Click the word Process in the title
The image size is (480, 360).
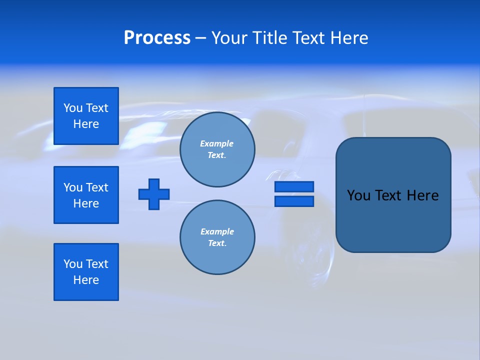click(x=157, y=38)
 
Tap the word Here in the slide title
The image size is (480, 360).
click(x=348, y=38)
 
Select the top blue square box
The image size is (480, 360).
click(x=86, y=116)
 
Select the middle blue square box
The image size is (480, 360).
click(x=86, y=195)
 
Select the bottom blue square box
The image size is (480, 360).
click(x=86, y=272)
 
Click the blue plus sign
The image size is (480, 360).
click(x=154, y=194)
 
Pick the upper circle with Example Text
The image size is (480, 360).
click(x=217, y=149)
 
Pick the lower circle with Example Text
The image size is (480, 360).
click(x=217, y=237)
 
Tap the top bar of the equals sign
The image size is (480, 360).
click(x=294, y=186)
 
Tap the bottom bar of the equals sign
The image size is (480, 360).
click(x=294, y=201)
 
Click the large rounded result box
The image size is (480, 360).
click(x=393, y=220)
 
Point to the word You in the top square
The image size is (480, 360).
click(x=73, y=108)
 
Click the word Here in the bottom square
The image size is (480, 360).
click(x=86, y=280)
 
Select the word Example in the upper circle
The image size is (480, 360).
click(x=217, y=143)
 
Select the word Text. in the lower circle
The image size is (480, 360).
click(x=217, y=243)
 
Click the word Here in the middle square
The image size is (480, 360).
click(x=86, y=203)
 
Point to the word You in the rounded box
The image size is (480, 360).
click(x=358, y=195)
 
